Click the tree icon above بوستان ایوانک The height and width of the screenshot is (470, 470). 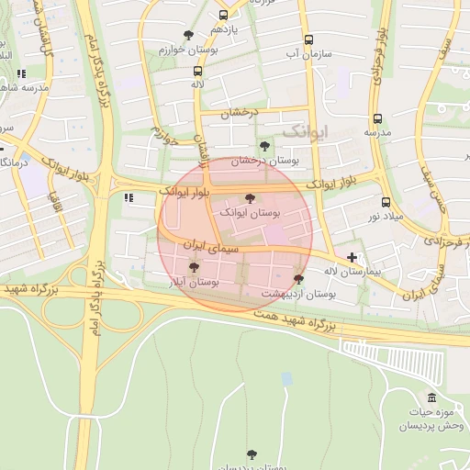[x=250, y=198]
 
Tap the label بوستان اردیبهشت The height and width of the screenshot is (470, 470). [x=298, y=294]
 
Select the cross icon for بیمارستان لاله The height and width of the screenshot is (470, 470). [x=352, y=257]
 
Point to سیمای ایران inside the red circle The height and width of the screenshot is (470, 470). [x=213, y=247]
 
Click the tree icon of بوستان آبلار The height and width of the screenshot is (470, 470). [x=194, y=267]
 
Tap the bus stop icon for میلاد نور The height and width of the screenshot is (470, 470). [x=385, y=202]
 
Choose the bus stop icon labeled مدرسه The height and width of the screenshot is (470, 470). [x=377, y=118]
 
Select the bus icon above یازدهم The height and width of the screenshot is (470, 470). [x=224, y=16]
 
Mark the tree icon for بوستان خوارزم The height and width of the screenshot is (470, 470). [x=188, y=35]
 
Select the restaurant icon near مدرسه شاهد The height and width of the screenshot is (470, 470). [x=20, y=73]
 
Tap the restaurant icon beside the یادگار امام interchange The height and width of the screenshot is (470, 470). [x=129, y=196]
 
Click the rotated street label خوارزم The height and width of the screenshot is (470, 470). [x=162, y=136]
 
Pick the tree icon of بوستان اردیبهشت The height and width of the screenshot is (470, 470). [x=298, y=279]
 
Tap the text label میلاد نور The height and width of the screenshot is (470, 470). [x=385, y=216]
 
